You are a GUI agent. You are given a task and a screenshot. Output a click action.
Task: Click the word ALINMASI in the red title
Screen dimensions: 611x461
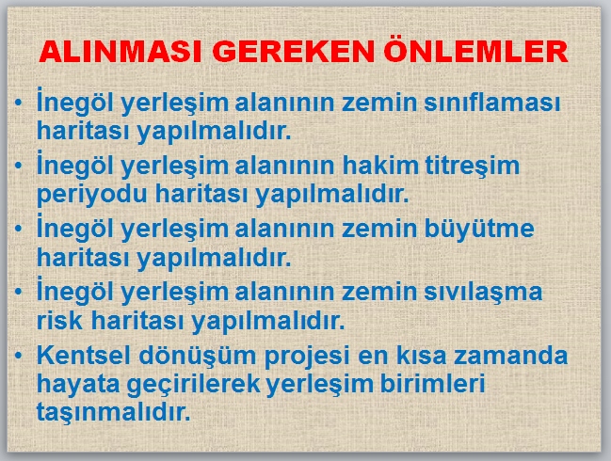[120, 52]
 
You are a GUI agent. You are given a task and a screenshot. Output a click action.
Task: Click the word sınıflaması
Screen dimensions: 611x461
[492, 103]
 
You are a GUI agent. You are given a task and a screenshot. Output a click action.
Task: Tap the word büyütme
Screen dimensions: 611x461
[479, 229]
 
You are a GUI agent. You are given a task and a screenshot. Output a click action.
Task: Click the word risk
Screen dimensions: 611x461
[59, 320]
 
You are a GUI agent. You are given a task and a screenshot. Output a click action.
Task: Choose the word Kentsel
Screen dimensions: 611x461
[84, 355]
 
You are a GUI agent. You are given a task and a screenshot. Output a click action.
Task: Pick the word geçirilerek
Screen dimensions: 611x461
[194, 385]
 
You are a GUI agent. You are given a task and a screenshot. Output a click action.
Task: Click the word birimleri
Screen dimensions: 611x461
[432, 383]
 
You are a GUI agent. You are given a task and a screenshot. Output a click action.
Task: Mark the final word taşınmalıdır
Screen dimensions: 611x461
[113, 413]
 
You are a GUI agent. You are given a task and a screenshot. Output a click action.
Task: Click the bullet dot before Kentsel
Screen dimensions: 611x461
[18, 355]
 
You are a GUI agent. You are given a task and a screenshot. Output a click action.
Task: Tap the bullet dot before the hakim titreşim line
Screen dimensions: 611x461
[18, 166]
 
